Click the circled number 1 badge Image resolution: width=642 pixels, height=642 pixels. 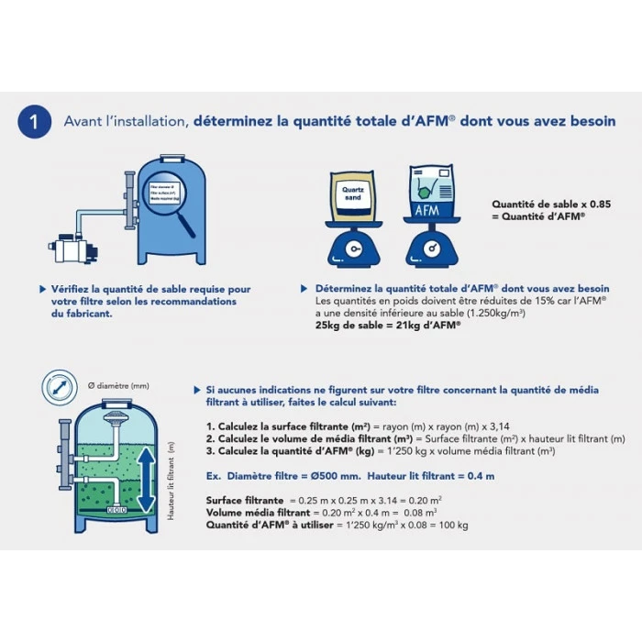click(x=34, y=121)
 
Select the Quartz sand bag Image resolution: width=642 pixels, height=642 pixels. click(x=353, y=196)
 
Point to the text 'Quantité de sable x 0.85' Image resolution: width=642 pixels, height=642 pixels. click(x=538, y=205)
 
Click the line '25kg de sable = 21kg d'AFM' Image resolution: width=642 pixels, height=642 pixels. click(x=387, y=325)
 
